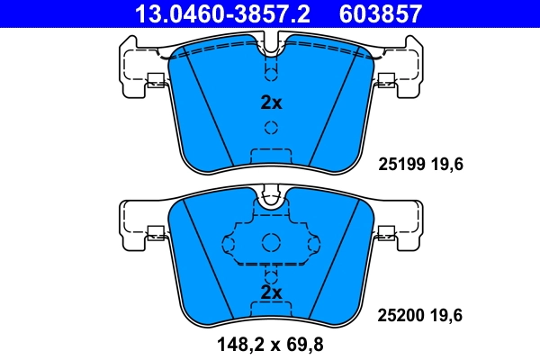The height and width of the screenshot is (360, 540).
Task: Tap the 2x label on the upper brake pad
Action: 271,102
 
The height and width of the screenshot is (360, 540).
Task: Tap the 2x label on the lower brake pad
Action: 271,292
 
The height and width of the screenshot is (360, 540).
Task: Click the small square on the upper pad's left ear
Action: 155,78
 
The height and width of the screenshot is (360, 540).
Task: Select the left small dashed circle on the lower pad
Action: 229,244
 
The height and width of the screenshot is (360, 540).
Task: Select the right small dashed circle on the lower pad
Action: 312,244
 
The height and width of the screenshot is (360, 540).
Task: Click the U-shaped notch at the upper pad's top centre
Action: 271,42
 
